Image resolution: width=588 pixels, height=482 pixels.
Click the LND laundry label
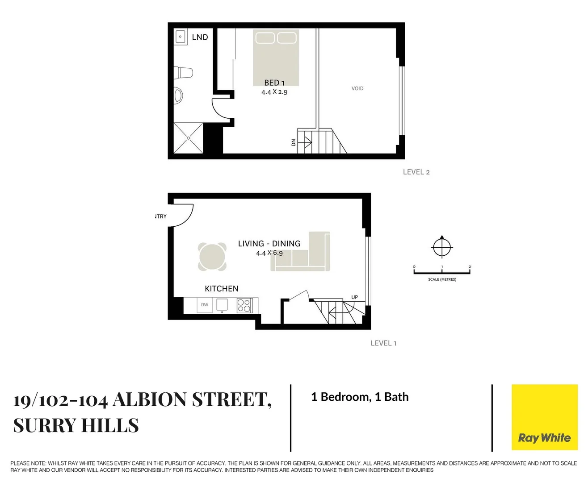200,37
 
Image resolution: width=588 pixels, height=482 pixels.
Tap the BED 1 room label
274,83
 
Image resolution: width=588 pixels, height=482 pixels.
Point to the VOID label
357,88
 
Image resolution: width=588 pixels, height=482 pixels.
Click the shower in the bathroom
188,138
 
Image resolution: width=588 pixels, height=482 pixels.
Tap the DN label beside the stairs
294,142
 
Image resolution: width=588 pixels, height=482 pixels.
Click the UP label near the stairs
354,297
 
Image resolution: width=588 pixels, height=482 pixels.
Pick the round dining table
212,257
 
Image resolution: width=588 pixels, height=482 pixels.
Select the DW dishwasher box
205,305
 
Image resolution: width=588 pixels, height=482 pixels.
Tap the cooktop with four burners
244,305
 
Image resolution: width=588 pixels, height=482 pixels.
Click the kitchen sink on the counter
222,304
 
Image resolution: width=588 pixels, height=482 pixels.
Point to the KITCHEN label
222,289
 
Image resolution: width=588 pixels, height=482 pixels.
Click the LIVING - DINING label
269,244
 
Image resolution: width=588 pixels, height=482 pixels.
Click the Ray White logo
544,417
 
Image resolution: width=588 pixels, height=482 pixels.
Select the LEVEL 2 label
416,172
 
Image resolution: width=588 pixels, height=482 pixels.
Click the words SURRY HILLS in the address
76,425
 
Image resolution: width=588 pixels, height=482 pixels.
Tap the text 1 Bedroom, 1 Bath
360,397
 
